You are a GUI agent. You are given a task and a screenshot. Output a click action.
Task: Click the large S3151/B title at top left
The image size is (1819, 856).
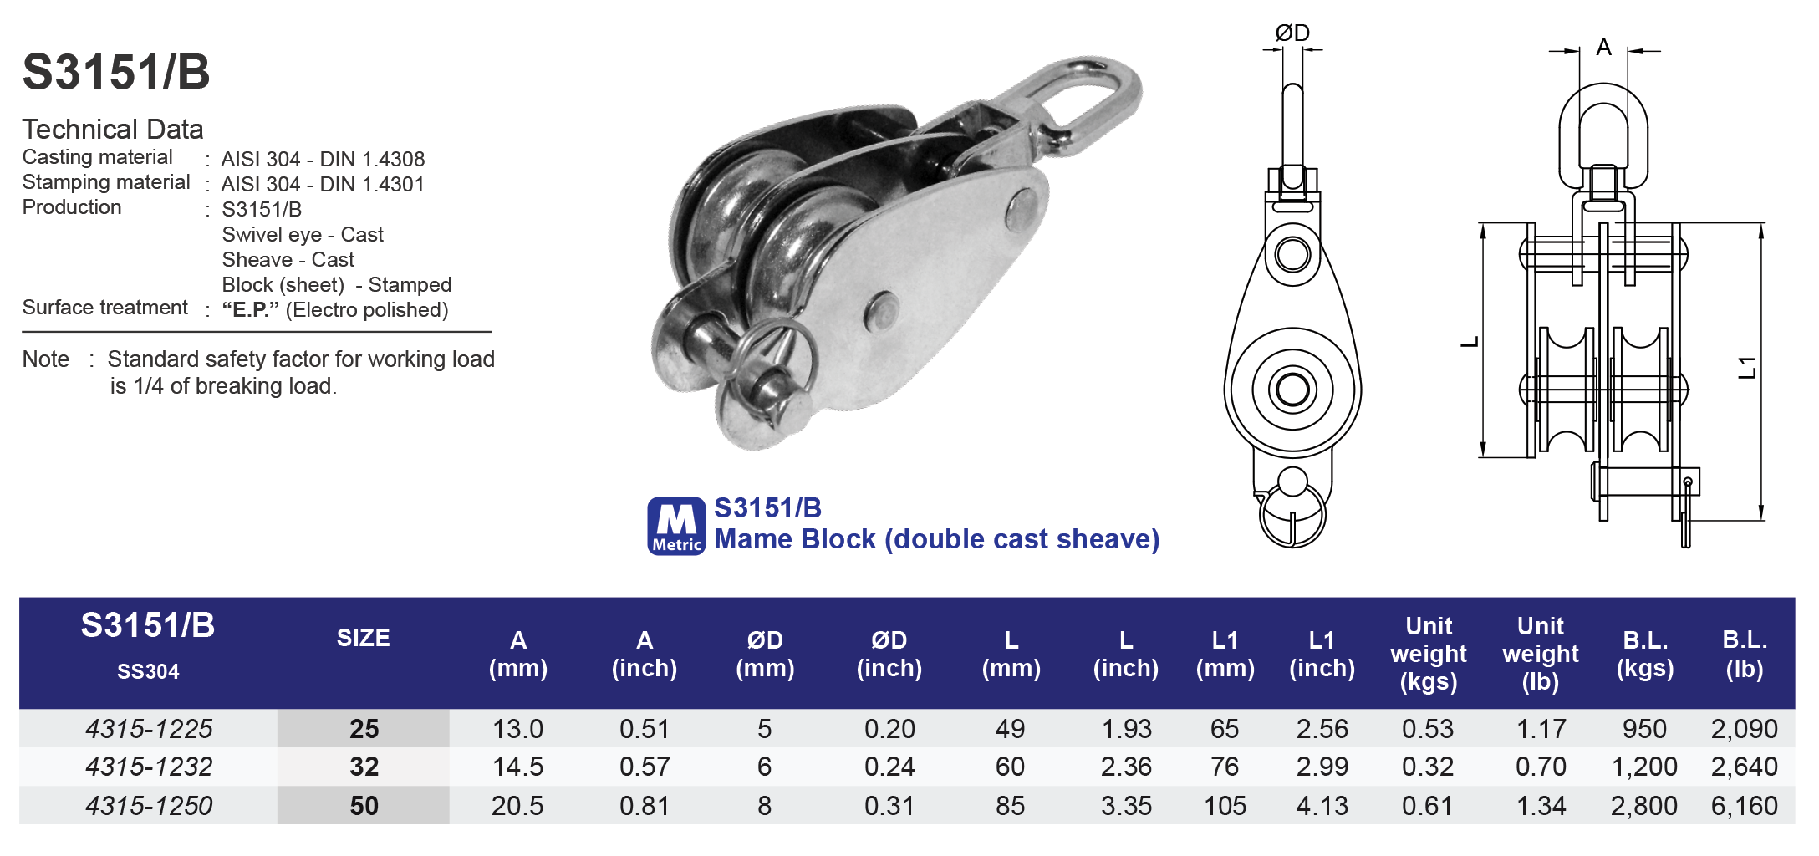[116, 72]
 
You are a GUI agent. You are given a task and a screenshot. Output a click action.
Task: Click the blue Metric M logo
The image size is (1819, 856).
[676, 526]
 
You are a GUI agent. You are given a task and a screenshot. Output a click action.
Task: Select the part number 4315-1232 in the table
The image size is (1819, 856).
[149, 767]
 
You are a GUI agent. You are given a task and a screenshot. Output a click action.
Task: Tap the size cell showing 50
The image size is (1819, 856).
[364, 806]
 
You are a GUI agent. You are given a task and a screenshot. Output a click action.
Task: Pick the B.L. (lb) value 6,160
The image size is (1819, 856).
[1744, 806]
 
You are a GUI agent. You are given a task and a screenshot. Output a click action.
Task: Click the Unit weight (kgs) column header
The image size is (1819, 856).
[1428, 654]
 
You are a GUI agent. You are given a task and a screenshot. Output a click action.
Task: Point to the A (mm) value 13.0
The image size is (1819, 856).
[517, 729]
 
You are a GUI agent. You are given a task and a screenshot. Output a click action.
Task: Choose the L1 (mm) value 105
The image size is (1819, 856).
[1225, 806]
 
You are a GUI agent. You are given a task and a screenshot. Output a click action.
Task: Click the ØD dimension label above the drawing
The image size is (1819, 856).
[1292, 33]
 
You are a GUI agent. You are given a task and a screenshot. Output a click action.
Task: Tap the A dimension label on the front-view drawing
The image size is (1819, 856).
[1603, 47]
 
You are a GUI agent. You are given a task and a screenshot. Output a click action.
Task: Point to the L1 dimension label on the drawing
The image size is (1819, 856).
[1747, 367]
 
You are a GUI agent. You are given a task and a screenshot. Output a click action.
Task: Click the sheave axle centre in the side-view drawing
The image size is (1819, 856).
[1292, 390]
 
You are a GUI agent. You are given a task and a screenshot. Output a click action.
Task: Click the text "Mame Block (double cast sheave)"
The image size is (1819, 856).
[936, 539]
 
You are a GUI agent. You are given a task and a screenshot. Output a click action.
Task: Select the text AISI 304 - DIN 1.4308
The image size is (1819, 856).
[323, 159]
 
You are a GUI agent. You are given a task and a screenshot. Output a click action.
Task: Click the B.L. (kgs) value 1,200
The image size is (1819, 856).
[1643, 767]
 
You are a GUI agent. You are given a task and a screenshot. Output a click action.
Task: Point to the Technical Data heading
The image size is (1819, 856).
[113, 130]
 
